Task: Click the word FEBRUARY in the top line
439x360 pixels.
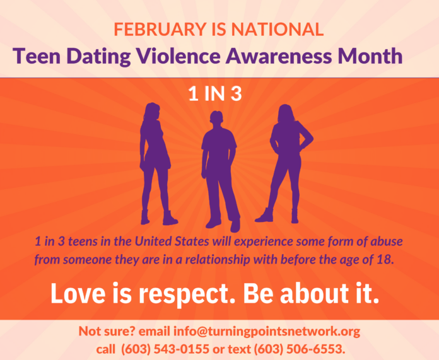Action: [160, 29]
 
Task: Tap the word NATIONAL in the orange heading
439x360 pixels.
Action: [277, 29]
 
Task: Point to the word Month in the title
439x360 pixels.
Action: [370, 55]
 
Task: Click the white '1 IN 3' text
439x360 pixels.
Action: [215, 93]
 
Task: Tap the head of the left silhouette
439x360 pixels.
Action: [152, 111]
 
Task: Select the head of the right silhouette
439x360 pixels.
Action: [286, 113]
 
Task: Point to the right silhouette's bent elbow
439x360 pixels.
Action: [311, 138]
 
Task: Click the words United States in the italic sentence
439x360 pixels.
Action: [172, 241]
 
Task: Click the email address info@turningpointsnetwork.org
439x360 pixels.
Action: [267, 332]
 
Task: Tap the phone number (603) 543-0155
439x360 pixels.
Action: [165, 349]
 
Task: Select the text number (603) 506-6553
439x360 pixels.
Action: [298, 349]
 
